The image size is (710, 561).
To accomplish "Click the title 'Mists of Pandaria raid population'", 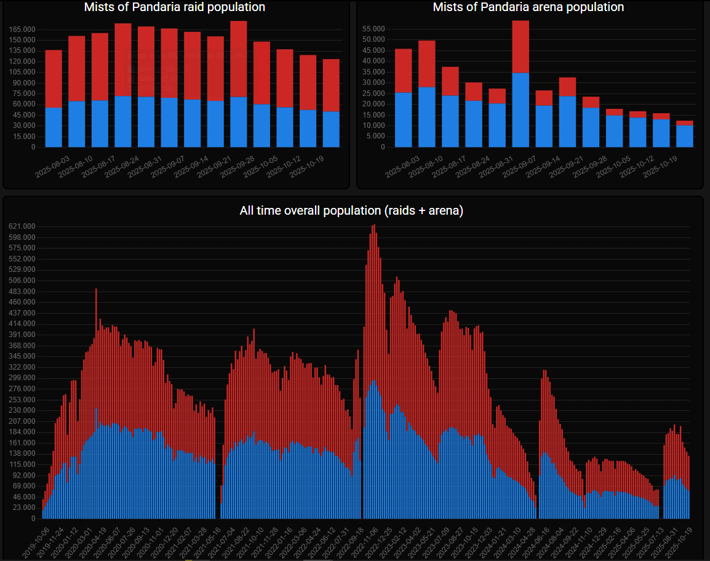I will point(175,7).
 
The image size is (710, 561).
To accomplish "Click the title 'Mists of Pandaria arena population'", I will point(528,7).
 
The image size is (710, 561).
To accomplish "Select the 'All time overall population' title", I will point(351,211).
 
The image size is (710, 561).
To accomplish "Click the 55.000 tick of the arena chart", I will point(373,29).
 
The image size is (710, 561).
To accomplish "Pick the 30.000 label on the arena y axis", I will point(373,82).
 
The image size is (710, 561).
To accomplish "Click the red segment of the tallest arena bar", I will point(521,47).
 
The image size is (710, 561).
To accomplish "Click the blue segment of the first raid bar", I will point(54,127).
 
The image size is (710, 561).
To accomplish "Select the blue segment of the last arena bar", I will point(685,136).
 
